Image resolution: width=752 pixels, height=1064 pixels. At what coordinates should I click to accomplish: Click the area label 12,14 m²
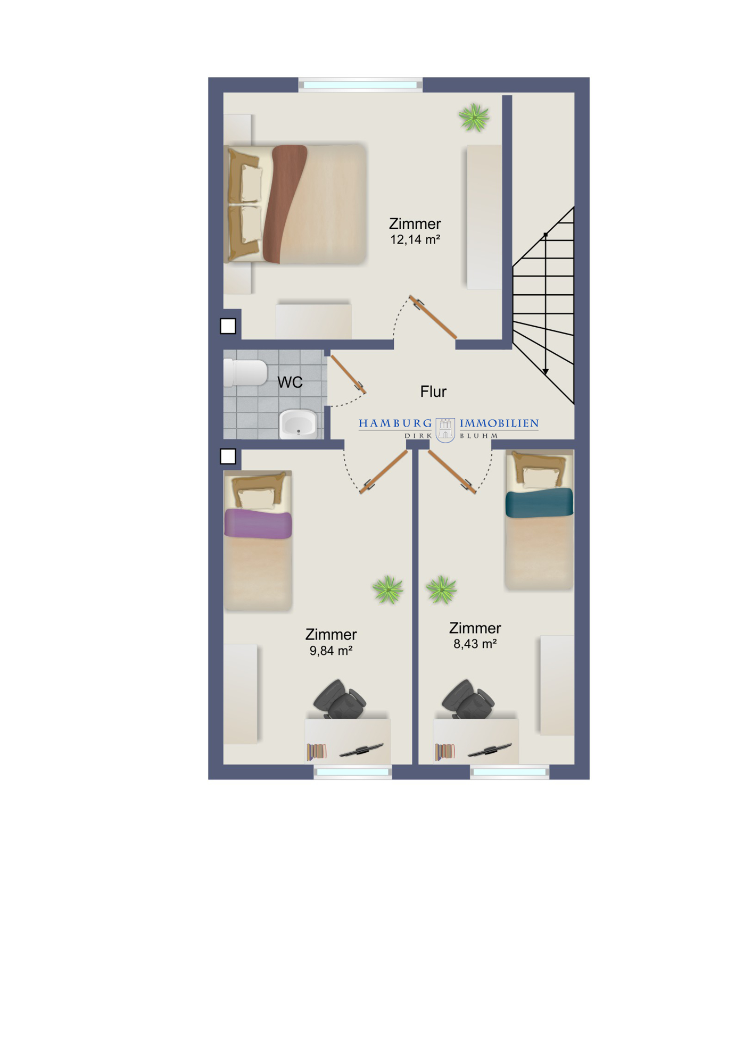click(x=415, y=240)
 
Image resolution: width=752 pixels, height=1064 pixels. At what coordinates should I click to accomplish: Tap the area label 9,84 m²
click(x=331, y=651)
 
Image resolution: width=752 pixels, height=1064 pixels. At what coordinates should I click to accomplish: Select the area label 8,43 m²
click(x=475, y=644)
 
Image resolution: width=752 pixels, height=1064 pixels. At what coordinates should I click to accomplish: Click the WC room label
click(x=290, y=382)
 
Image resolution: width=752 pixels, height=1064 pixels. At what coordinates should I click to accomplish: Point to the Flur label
click(x=433, y=392)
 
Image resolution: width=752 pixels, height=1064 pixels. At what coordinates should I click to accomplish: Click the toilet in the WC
click(x=245, y=372)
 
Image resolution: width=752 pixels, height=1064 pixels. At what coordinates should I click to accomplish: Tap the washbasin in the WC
click(x=298, y=423)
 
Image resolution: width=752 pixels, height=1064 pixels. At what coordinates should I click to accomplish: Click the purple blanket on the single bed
click(x=258, y=523)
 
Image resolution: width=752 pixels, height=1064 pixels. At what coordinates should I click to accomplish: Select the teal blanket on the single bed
click(x=539, y=503)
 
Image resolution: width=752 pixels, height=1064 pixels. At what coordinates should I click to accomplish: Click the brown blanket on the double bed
click(x=284, y=204)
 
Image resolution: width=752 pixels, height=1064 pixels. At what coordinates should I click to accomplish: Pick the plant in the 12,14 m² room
click(x=474, y=118)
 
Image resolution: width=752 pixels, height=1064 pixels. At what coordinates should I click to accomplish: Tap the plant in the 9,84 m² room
click(x=388, y=589)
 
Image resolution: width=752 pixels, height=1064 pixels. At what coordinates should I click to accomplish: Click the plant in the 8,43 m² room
click(x=441, y=589)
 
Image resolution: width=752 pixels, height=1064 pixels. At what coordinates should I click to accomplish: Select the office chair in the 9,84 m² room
click(x=340, y=699)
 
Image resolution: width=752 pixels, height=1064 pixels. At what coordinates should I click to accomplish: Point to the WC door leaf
click(x=348, y=374)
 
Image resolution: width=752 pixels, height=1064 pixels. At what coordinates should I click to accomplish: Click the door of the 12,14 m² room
click(x=433, y=317)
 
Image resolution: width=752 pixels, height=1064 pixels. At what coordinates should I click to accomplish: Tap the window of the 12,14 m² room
click(x=360, y=85)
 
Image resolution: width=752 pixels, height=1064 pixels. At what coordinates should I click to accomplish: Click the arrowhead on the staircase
click(x=546, y=371)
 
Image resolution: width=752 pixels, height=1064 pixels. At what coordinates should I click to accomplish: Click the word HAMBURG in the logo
click(x=395, y=423)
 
